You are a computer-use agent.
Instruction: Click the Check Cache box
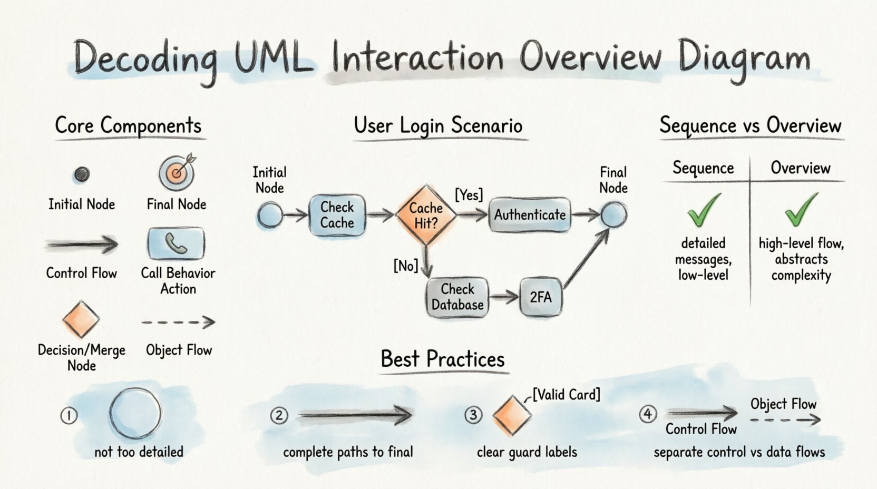(x=337, y=215)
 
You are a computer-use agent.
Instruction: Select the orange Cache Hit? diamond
(x=426, y=215)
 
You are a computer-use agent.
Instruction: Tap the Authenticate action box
(x=529, y=215)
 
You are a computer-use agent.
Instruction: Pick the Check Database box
(x=457, y=297)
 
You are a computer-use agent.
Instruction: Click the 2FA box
(x=541, y=297)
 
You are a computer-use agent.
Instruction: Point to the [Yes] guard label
(x=469, y=195)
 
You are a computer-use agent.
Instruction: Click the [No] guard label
(x=405, y=266)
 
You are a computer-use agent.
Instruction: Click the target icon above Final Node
(x=177, y=172)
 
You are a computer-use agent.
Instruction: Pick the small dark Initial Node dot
(x=81, y=174)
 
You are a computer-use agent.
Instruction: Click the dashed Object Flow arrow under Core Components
(x=178, y=322)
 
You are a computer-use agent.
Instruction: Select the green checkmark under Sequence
(x=704, y=210)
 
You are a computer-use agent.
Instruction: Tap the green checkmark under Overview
(x=801, y=210)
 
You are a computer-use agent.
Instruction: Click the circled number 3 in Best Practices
(x=473, y=415)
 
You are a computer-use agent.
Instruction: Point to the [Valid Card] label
(x=566, y=394)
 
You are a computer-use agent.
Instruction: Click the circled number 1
(x=69, y=416)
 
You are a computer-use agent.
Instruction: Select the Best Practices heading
(x=443, y=359)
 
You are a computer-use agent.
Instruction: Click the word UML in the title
(x=272, y=57)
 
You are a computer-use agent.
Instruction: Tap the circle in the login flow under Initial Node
(x=270, y=216)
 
